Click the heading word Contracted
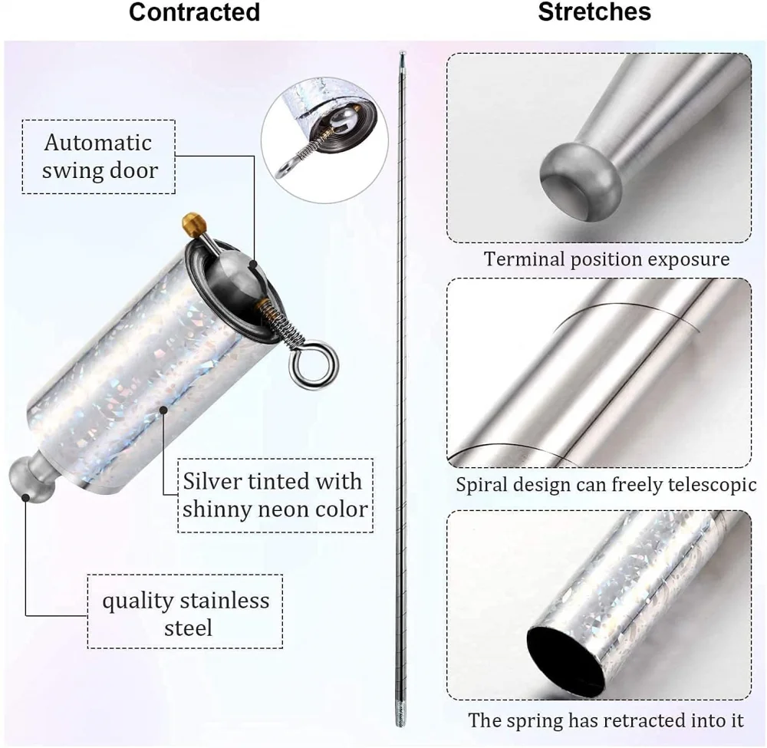tap(194, 13)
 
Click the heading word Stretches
tap(594, 12)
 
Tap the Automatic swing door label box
tap(97, 157)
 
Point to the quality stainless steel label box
tap(186, 614)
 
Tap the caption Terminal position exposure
tap(606, 259)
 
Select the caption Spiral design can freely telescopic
tap(606, 485)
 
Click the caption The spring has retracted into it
tap(606, 720)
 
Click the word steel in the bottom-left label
tap(188, 628)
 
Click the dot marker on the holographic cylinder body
tap(163, 410)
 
